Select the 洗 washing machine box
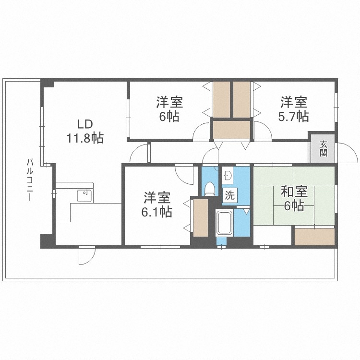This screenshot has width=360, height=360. tap(230, 195)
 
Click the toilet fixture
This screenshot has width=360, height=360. tap(209, 188)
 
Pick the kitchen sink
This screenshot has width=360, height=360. tap(86, 194)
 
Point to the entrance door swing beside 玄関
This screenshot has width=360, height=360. tap(347, 153)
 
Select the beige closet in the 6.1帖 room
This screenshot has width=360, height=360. tap(200, 217)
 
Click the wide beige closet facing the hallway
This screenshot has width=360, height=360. tap(232, 130)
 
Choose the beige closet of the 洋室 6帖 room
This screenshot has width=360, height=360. tap(221, 99)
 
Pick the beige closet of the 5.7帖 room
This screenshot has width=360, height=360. tap(242, 99)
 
